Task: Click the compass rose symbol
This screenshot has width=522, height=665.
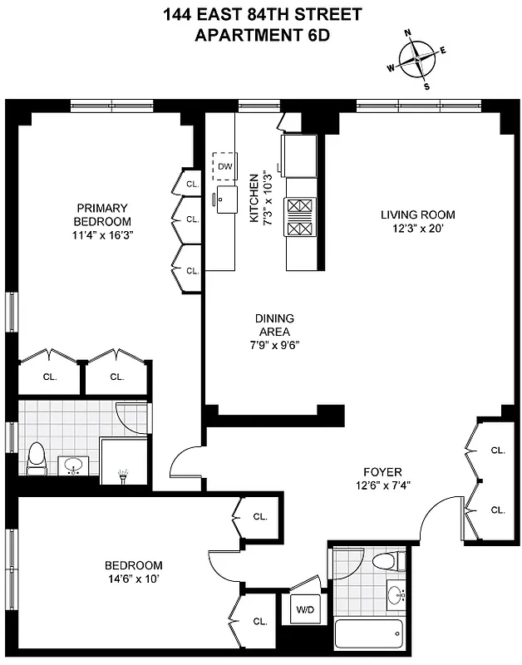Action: click(x=418, y=59)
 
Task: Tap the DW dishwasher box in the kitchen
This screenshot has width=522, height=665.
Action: click(x=224, y=166)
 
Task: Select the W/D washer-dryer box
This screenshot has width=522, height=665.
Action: click(x=305, y=609)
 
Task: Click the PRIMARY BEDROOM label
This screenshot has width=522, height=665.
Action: click(x=102, y=214)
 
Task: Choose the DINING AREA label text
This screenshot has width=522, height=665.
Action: click(x=274, y=325)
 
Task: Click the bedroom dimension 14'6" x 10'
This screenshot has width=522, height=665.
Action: click(x=134, y=579)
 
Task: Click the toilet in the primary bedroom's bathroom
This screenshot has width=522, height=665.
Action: click(x=37, y=459)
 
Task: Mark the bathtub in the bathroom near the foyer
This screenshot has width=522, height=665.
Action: click(x=369, y=635)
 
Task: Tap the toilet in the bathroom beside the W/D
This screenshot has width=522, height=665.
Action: click(x=387, y=562)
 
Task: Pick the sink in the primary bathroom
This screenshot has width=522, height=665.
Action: click(x=74, y=465)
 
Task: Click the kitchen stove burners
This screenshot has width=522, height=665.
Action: click(x=299, y=218)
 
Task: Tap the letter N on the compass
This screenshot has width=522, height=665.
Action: click(x=408, y=33)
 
